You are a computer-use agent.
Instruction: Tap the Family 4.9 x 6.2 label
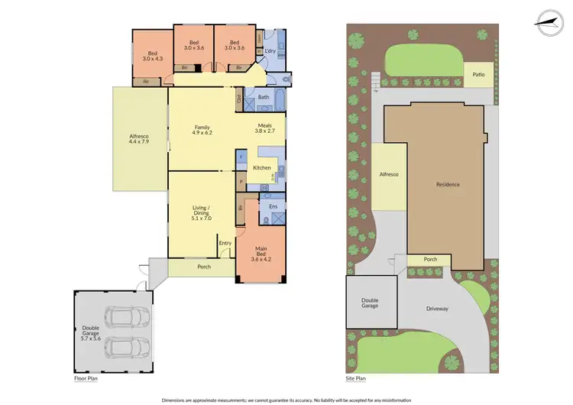(202, 130)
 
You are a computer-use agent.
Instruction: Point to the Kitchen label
(262, 167)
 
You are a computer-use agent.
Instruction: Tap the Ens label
(273, 206)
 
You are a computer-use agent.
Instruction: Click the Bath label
(263, 97)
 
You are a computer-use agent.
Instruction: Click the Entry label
(225, 244)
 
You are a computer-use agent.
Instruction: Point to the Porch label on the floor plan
(204, 267)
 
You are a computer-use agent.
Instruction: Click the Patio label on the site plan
(478, 75)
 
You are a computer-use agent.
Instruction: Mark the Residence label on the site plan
(448, 184)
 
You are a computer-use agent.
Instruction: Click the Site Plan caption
(356, 378)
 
